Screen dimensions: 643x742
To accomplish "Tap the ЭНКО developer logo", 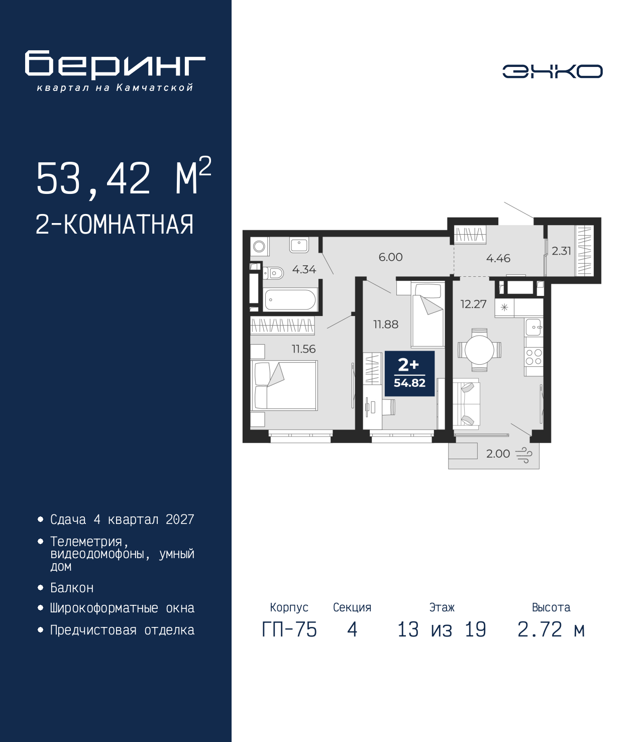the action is coord(552,71).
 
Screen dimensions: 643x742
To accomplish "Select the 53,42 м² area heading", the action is coord(124,177).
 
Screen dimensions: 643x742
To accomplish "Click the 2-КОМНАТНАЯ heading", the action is coord(115,225).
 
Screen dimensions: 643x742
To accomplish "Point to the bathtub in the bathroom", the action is coord(289,300).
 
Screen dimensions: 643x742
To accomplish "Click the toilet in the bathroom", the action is coord(274,273).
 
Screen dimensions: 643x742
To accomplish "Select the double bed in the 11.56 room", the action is coord(284,385).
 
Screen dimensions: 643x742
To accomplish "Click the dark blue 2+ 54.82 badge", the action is coord(409,374).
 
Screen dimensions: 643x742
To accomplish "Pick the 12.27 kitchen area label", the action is coord(474,304).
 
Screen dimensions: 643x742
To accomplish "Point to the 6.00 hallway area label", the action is coord(391,257).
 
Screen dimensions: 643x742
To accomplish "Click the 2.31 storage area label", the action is coord(561,251).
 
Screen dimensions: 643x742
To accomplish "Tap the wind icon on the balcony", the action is coord(524,455).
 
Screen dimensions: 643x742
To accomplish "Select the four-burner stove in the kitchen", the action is coord(533,357).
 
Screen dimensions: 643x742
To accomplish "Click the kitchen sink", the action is coord(534,327).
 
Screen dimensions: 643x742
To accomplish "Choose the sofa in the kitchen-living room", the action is coord(466,404).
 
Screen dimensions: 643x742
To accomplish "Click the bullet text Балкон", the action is coord(72,588).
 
